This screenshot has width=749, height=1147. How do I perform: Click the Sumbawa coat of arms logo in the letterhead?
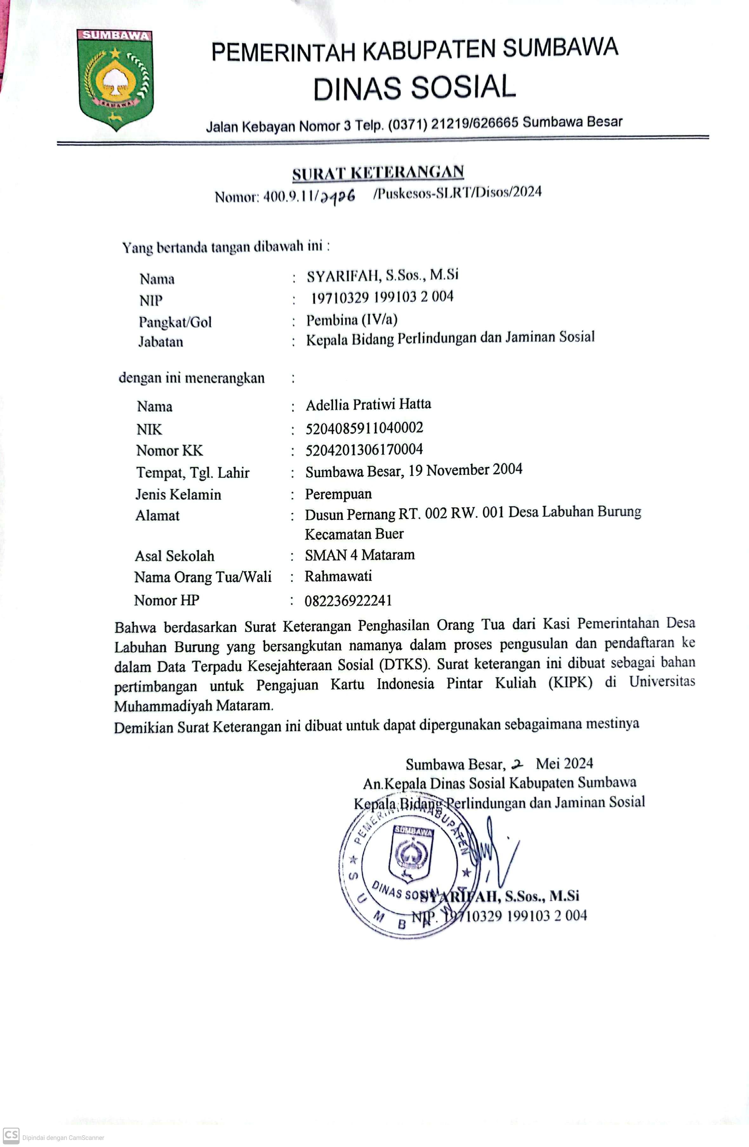(x=115, y=79)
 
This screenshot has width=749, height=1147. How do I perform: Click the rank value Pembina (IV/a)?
(x=352, y=320)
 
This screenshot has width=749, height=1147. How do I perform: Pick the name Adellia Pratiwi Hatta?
(x=368, y=404)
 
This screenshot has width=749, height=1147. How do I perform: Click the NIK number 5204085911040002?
(x=364, y=428)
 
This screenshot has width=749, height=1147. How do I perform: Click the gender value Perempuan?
(x=338, y=494)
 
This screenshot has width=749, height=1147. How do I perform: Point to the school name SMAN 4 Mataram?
(x=360, y=555)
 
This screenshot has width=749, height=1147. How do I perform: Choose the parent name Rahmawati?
(x=338, y=576)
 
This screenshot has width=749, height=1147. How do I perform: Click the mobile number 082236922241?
(x=348, y=600)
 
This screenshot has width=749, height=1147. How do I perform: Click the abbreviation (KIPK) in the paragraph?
(x=570, y=683)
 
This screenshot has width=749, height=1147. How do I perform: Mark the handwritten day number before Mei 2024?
(x=517, y=764)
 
